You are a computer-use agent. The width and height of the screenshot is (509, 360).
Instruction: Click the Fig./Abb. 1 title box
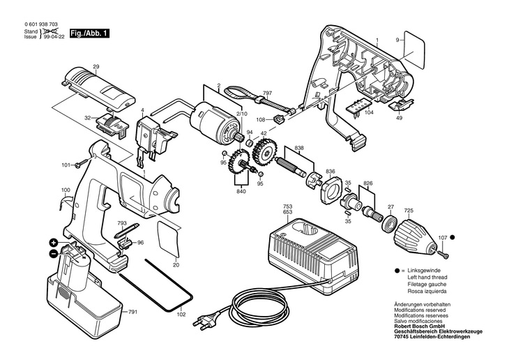(x=89, y=33)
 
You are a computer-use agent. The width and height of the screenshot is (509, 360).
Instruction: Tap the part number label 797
(x=268, y=93)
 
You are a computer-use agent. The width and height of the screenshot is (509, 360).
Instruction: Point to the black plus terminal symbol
(x=54, y=243)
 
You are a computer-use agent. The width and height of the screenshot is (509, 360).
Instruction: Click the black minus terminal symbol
(x=54, y=253)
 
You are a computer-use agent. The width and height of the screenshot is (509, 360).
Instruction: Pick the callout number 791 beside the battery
(x=132, y=312)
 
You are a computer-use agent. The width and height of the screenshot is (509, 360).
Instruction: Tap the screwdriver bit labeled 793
(x=127, y=230)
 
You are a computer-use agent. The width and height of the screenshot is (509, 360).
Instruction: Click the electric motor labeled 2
(x=214, y=120)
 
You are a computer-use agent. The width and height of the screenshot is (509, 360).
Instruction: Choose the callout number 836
(x=330, y=172)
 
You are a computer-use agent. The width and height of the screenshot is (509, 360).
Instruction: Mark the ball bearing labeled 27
(x=388, y=223)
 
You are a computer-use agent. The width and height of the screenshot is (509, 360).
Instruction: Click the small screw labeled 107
(x=443, y=253)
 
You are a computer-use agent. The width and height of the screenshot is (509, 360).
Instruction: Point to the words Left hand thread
(x=427, y=277)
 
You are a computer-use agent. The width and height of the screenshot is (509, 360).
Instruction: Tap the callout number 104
(x=369, y=112)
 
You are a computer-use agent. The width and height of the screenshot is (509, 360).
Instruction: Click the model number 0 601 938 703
(x=41, y=24)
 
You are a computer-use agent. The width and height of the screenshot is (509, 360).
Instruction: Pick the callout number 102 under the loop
(x=181, y=315)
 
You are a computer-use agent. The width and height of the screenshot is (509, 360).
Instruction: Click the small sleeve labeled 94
(x=250, y=143)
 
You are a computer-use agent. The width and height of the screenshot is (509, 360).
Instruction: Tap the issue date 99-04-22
(x=54, y=37)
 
